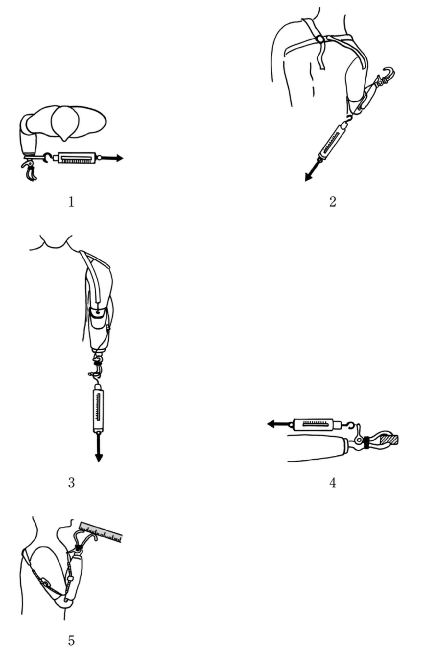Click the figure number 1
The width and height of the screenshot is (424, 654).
point(71,202)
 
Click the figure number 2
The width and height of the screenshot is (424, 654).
point(333,202)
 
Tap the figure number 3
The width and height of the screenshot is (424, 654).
point(71,483)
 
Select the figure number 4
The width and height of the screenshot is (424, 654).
point(333,483)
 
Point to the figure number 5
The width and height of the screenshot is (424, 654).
point(71,641)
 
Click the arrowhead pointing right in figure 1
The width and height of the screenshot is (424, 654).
point(119,158)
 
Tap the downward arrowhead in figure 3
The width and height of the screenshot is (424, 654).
point(99,458)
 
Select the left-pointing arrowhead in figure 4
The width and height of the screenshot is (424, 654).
point(271,424)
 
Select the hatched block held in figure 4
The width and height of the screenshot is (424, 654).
point(389,440)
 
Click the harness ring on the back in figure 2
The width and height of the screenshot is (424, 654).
point(319,39)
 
